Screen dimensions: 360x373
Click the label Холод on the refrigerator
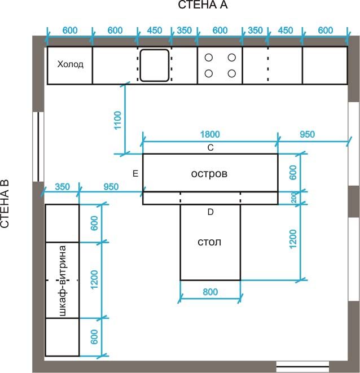pyautogui.click(x=70, y=64)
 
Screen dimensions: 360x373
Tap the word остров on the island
pyautogui.click(x=209, y=174)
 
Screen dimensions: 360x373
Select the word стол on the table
pyautogui.click(x=209, y=242)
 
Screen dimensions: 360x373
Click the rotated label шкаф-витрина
pyautogui.click(x=62, y=280)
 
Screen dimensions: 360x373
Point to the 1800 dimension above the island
pyautogui.click(x=210, y=134)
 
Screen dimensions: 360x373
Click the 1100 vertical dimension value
pyautogui.click(x=118, y=120)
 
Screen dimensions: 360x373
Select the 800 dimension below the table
pyautogui.click(x=210, y=292)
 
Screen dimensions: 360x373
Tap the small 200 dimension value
pyautogui.click(x=294, y=198)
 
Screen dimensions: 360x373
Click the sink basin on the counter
pyautogui.click(x=155, y=65)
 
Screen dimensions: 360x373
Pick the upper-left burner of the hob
pyautogui.click(x=209, y=58)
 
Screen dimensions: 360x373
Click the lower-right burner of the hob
pyautogui.click(x=231, y=73)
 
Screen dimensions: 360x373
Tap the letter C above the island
pyautogui.click(x=210, y=148)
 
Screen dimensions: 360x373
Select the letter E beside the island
pyautogui.click(x=135, y=174)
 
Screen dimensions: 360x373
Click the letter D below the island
pyautogui.click(x=210, y=212)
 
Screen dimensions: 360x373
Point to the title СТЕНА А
pyautogui.click(x=203, y=5)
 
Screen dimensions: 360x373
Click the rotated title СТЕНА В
pyautogui.click(x=5, y=204)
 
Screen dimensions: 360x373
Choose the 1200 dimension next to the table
pyautogui.click(x=293, y=239)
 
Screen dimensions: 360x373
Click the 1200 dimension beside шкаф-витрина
pyautogui.click(x=94, y=279)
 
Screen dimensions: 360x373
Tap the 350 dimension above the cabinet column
pyautogui.click(x=62, y=187)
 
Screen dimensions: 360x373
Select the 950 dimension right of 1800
pyautogui.click(x=307, y=134)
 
